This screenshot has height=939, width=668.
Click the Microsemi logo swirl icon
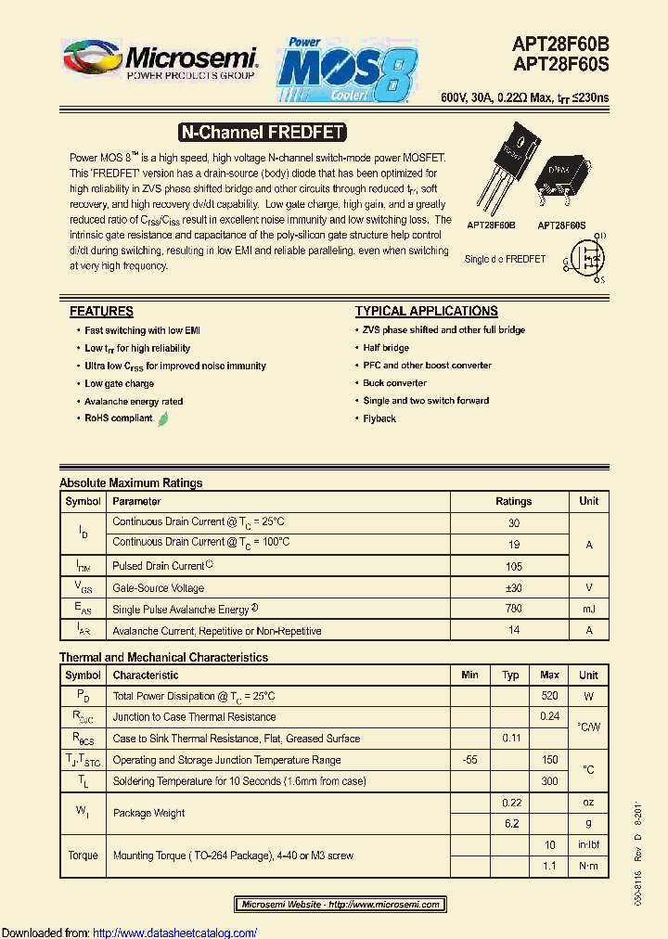tap(91, 60)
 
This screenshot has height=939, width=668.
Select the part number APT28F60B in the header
tap(560, 44)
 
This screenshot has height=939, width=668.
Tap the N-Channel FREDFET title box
tap(262, 133)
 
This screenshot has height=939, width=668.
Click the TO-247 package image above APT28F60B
tap(497, 174)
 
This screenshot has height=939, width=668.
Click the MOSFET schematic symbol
tap(584, 257)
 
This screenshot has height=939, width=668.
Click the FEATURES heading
tap(101, 312)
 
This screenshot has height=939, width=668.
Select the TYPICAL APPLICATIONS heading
tap(426, 312)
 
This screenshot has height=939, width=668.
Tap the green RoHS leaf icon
tap(163, 418)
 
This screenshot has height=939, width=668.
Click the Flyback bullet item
tap(379, 418)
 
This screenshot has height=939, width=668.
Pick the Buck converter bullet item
tap(394, 383)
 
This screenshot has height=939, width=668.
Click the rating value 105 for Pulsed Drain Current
tap(513, 566)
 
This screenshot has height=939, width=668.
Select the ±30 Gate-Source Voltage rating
tap(513, 588)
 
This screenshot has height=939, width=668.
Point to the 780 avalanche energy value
tap(513, 610)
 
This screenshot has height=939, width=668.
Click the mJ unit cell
tap(588, 610)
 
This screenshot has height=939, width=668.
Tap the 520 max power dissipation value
tap(549, 696)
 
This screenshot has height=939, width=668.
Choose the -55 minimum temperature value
tap(469, 760)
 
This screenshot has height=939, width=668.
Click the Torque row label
tap(83, 855)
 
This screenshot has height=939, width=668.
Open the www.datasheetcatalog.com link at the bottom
tap(175, 933)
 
